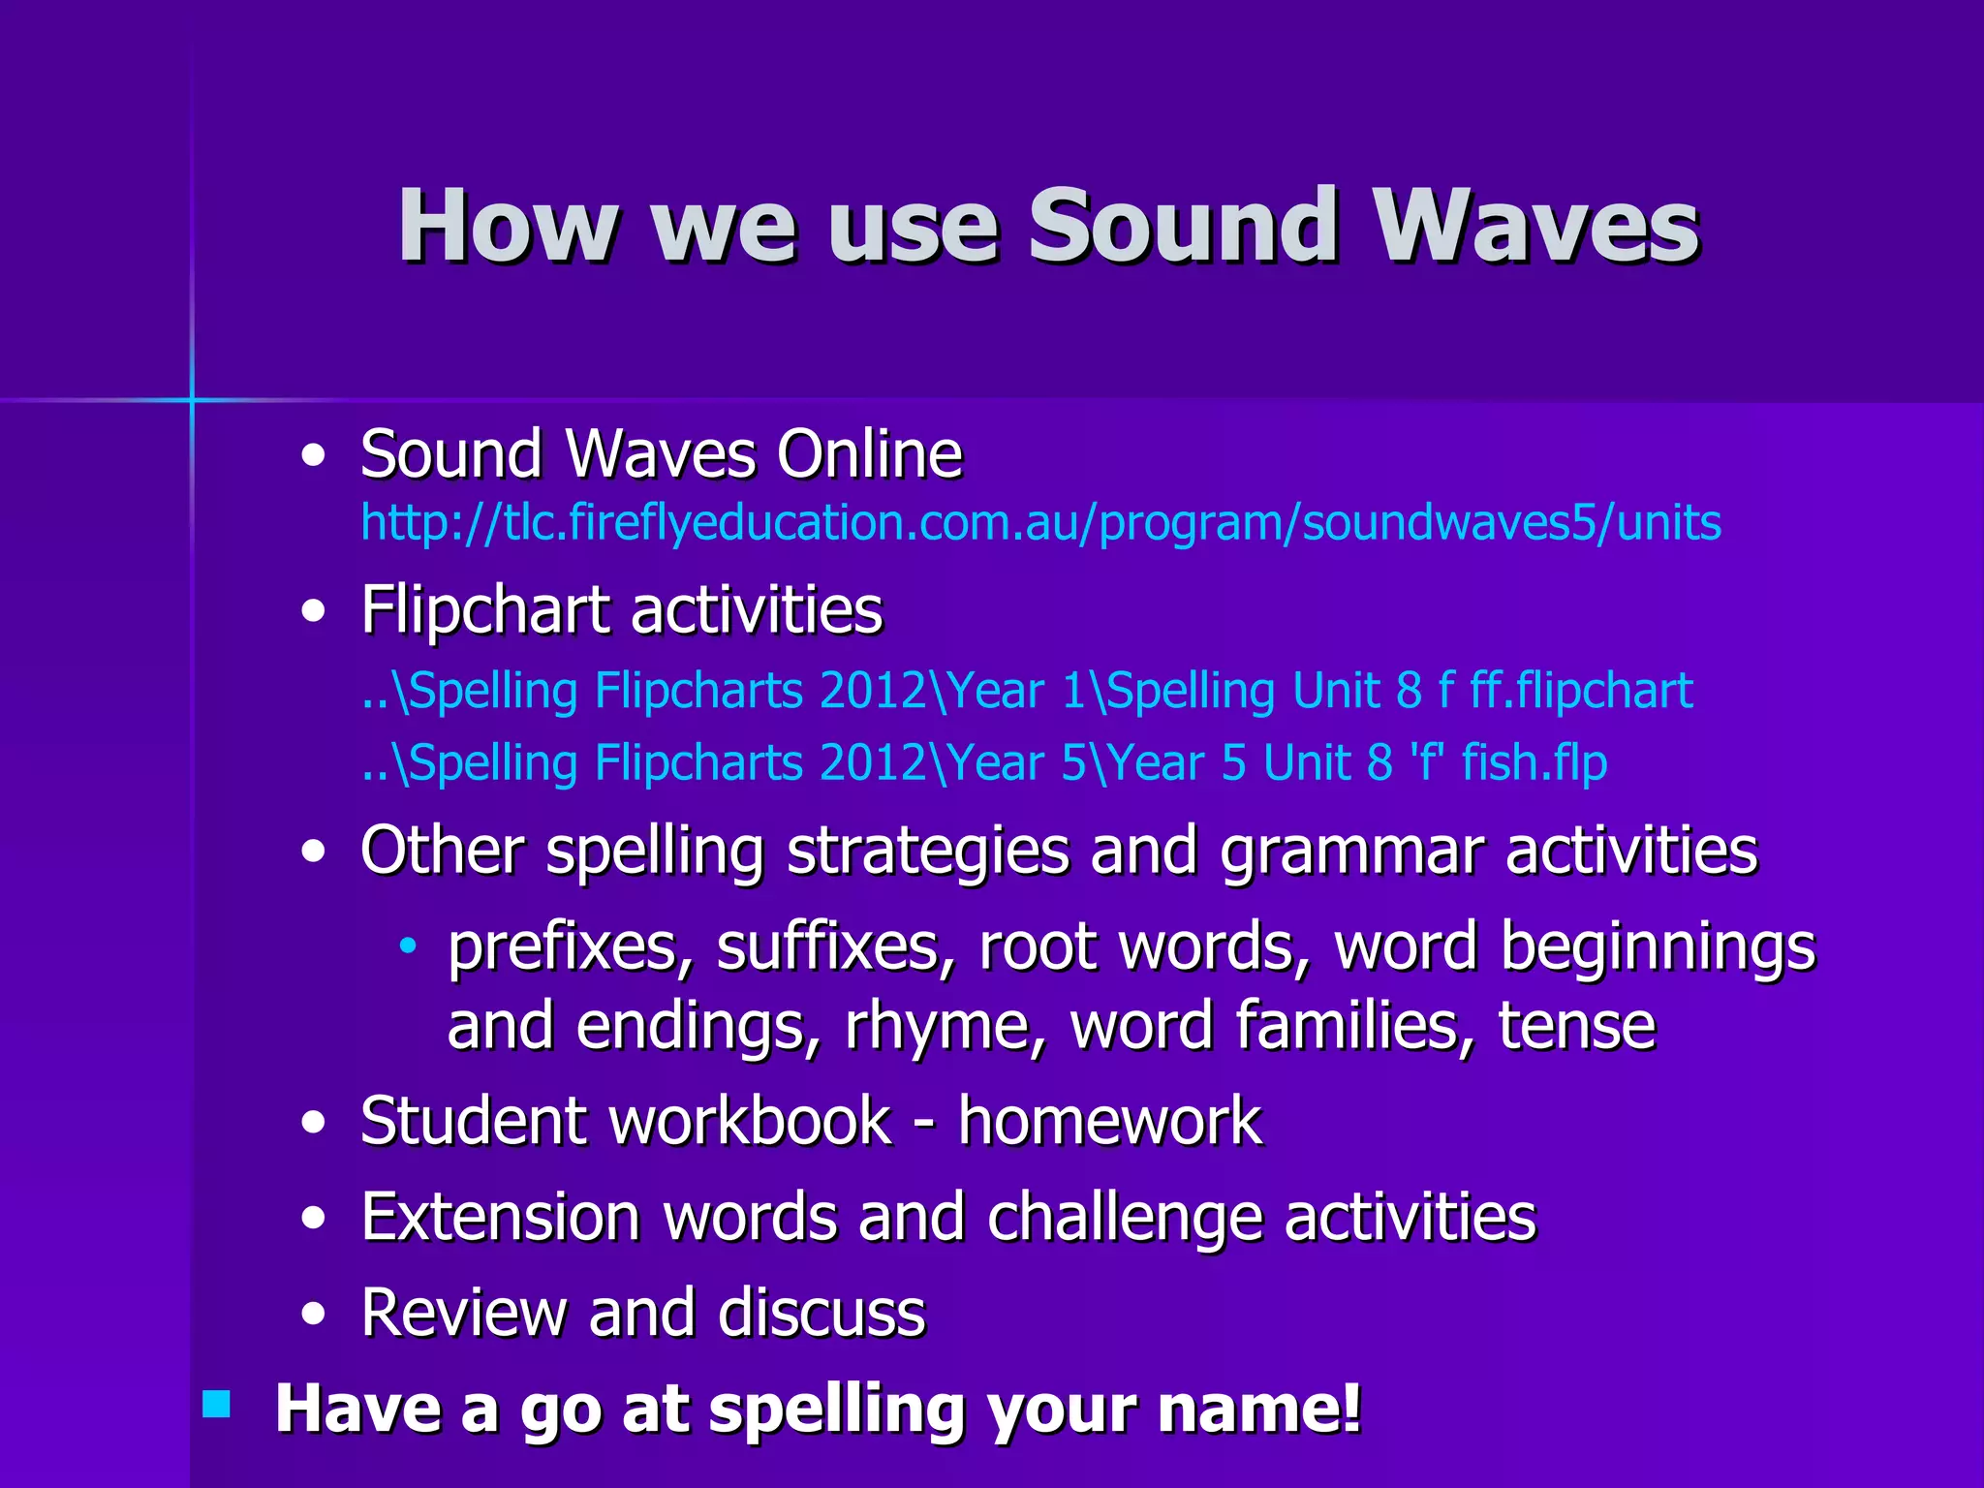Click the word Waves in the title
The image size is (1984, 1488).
click(x=1535, y=226)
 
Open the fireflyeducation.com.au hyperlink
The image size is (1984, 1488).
click(x=1040, y=523)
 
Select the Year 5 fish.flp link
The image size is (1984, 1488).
click(x=983, y=762)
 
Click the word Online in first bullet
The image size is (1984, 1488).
click(x=869, y=453)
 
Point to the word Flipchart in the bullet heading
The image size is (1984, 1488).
click(x=485, y=610)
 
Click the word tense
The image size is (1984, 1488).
click(x=1576, y=1025)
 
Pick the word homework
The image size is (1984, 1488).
click(x=1109, y=1121)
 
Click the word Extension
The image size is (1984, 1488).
click(x=500, y=1217)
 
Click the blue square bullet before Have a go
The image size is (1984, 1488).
click(x=217, y=1404)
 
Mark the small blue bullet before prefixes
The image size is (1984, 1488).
click(x=408, y=945)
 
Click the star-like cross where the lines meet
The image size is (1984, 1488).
click(x=192, y=398)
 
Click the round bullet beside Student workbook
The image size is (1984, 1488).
click(x=313, y=1123)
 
